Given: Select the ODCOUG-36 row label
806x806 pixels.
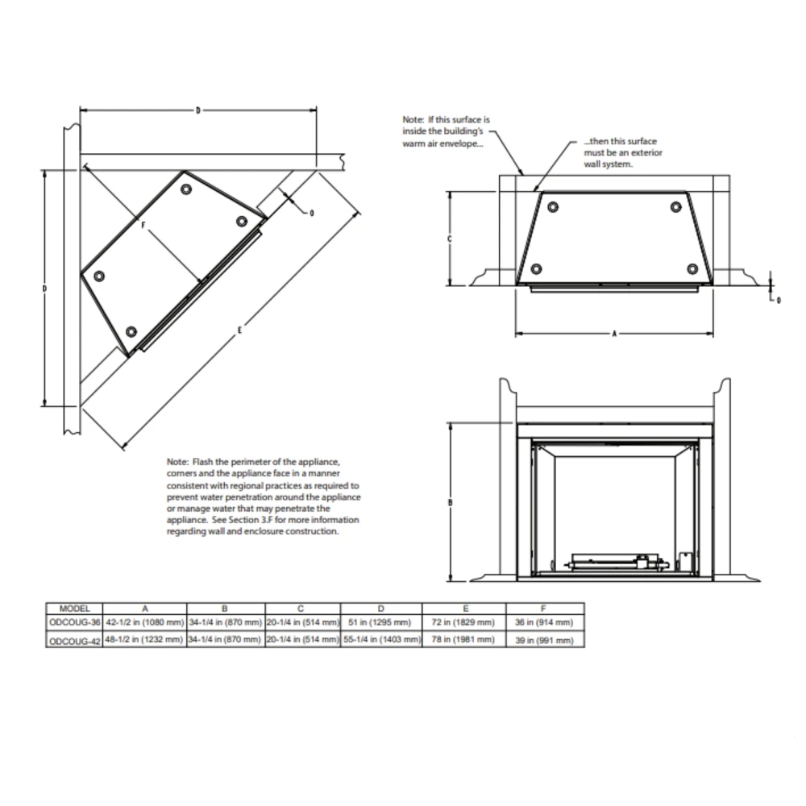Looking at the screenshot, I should pos(75,623).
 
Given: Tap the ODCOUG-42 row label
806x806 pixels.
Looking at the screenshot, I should pos(75,640).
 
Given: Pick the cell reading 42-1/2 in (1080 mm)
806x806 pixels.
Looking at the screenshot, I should pos(145,623).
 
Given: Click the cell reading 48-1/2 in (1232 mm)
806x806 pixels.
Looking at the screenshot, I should pos(145,639).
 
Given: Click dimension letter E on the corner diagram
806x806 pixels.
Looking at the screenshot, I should pos(241,327).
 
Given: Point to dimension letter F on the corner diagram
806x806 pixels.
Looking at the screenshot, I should pos(143,226).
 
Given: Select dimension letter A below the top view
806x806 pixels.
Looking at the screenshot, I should pos(614,332).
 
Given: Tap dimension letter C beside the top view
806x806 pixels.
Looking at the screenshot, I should pos(450,239).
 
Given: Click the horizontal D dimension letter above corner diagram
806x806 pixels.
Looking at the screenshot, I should pos(197,110).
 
